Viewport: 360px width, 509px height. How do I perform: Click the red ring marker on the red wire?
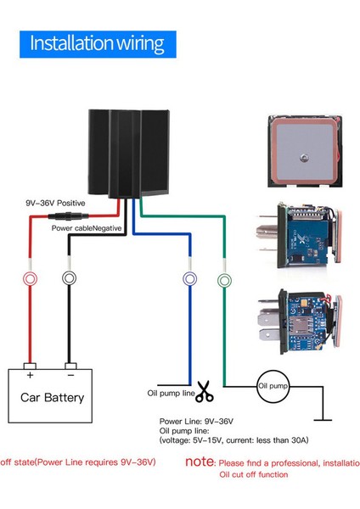[30, 278]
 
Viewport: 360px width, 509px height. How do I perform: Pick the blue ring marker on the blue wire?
[189, 278]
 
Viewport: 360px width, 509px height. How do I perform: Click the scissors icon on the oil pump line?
[205, 392]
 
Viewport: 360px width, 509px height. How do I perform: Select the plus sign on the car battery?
[31, 373]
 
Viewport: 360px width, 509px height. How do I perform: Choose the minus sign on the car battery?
[71, 373]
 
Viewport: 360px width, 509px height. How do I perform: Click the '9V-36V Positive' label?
[55, 204]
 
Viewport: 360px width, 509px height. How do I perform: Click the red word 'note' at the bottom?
[200, 463]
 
